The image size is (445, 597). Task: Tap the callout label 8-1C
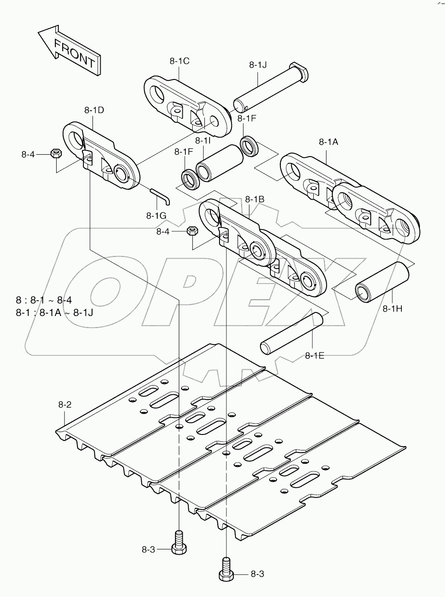(x=179, y=61)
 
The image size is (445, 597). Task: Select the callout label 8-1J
(x=258, y=65)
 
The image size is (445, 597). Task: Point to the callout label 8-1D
(x=94, y=110)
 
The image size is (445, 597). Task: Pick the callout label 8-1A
(x=328, y=141)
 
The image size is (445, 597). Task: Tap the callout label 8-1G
(x=156, y=215)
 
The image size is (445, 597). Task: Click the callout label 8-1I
(x=203, y=140)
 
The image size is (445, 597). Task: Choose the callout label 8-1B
(x=254, y=199)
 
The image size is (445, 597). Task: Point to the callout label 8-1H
(x=392, y=308)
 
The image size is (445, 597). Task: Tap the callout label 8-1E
(x=315, y=355)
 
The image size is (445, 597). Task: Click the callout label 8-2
(x=65, y=405)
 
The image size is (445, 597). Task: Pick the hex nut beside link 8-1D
(x=55, y=153)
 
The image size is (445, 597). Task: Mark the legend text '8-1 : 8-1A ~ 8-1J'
(x=54, y=312)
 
